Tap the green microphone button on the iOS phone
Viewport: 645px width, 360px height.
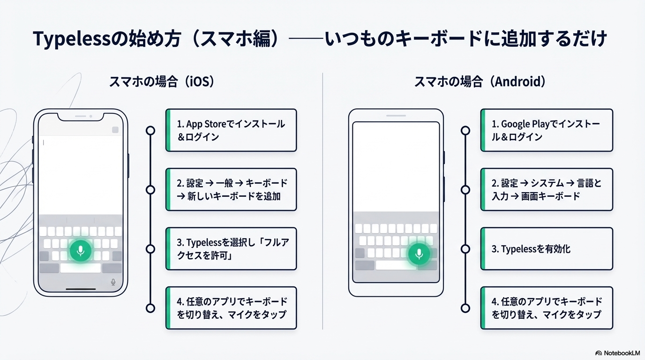[81, 251]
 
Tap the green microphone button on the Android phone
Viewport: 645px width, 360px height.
[419, 254]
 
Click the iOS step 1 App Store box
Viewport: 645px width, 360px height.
[231, 130]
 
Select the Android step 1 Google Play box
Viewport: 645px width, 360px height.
[547, 130]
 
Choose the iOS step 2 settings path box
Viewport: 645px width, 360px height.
[231, 189]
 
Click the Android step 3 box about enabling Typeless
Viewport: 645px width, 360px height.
[547, 249]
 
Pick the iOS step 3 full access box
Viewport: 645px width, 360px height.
[231, 249]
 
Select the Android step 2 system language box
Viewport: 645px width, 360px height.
[547, 189]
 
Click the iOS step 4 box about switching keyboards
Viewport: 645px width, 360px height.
[231, 308]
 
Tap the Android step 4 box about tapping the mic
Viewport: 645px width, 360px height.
[547, 308]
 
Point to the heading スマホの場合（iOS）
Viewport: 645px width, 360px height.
[162, 82]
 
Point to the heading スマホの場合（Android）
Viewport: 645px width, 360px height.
[480, 82]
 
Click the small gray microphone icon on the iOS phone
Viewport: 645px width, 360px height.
[113, 282]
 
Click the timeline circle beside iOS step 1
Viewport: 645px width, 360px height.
[150, 130]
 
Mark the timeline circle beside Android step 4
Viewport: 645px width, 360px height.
[465, 308]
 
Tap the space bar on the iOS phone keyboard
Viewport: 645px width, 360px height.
[81, 268]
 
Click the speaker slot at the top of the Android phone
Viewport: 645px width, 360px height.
[396, 115]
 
